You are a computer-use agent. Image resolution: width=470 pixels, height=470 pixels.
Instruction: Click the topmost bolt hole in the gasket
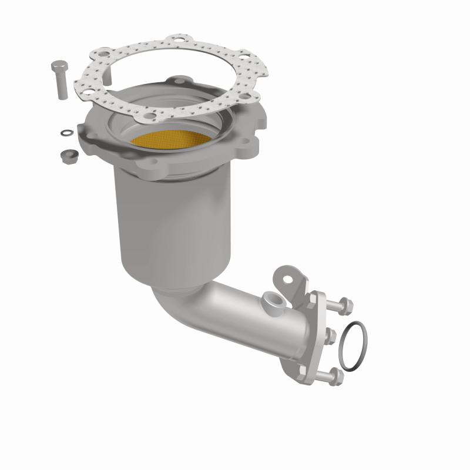click(x=175, y=41)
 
